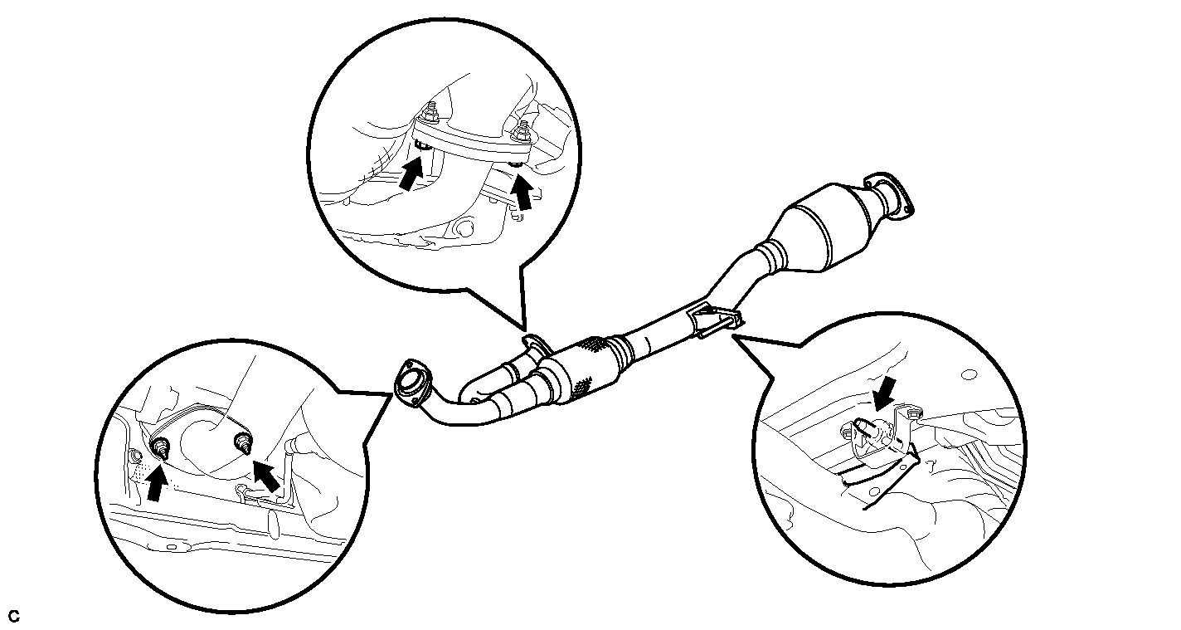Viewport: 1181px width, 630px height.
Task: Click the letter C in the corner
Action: (x=14, y=616)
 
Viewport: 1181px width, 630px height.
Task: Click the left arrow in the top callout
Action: (x=411, y=173)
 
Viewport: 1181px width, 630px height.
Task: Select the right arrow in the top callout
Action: (x=522, y=192)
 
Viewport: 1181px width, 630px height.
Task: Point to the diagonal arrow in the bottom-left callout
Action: (x=267, y=476)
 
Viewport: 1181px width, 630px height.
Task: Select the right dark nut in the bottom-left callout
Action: (x=243, y=440)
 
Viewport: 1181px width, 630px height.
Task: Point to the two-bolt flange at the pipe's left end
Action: (x=413, y=383)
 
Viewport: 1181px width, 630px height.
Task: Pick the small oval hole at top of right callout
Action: (x=969, y=375)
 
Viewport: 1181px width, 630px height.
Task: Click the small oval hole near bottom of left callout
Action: (x=172, y=547)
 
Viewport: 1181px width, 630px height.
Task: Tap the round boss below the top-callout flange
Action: (x=463, y=228)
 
